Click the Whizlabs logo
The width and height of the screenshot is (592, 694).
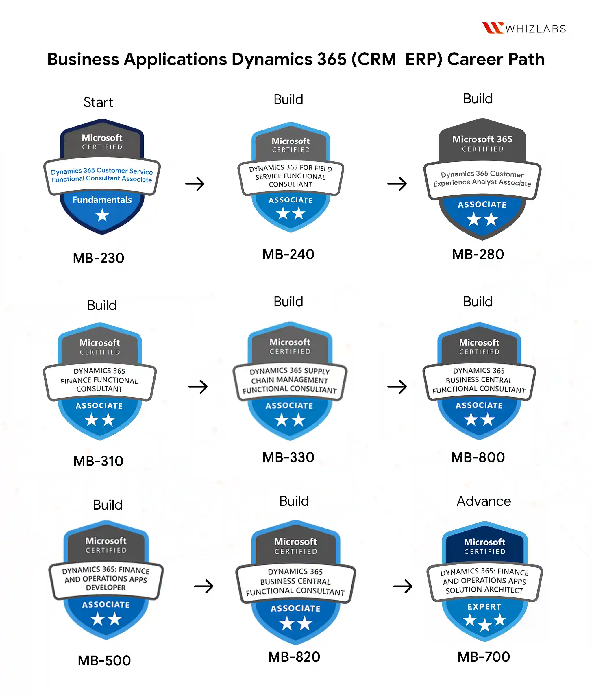point(524,28)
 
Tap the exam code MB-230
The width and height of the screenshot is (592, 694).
point(99,258)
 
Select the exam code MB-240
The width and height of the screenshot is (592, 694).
point(288,254)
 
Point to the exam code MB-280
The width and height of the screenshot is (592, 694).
point(478,254)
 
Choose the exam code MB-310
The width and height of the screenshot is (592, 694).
point(99,461)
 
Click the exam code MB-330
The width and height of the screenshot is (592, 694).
point(288,457)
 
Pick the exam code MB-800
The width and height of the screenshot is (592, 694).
point(478,457)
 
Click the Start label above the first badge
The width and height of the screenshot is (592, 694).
point(98,102)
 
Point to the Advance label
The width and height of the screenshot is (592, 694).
point(484,501)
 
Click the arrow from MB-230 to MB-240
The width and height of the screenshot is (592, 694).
point(195,184)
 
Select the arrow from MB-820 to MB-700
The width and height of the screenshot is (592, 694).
point(403,586)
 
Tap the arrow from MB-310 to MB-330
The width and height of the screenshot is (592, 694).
point(198,387)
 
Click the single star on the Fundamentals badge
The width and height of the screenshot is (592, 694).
point(102,215)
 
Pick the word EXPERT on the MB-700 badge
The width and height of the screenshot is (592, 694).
point(484,607)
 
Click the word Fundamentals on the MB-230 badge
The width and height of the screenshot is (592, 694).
point(102,200)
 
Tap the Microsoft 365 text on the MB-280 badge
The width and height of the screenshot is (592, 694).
point(482,139)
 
